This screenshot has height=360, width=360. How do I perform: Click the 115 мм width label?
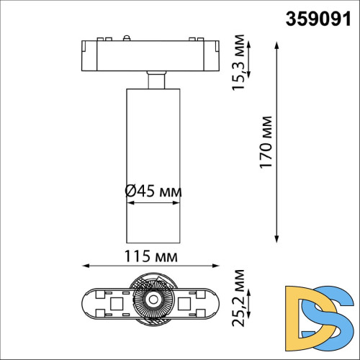tap(151, 256)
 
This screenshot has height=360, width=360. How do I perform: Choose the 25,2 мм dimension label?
tap(238, 308)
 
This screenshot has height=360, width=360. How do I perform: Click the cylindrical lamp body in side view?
tap(152, 144)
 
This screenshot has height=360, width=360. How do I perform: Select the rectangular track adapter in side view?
tap(152, 53)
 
